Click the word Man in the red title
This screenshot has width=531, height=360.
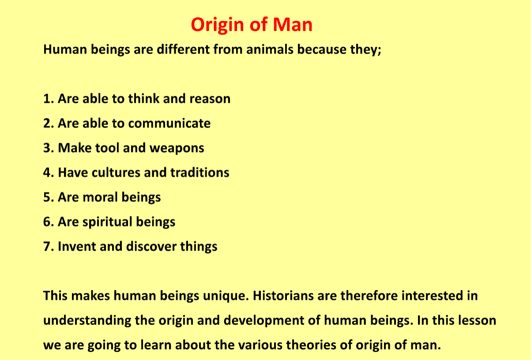tap(293, 24)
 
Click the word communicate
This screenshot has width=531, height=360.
tap(169, 123)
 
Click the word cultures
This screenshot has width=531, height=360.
tap(116, 172)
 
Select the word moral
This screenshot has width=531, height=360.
tap(100, 197)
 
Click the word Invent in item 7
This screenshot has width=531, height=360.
tap(77, 246)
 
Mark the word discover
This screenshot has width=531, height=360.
tap(151, 246)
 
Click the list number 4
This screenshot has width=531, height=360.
tap(47, 172)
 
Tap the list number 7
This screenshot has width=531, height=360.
tap(47, 246)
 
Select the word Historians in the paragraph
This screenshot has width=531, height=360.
tap(283, 296)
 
